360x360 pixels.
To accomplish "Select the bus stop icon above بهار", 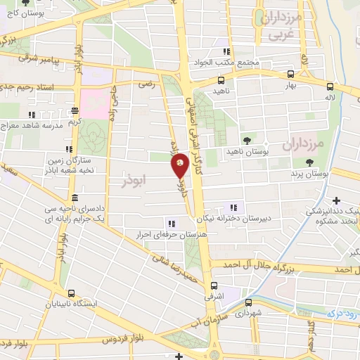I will click(x=291, y=74).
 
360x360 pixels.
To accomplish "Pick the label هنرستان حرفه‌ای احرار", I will click(x=161, y=235).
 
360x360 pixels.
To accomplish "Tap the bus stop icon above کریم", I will click(x=75, y=110).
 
